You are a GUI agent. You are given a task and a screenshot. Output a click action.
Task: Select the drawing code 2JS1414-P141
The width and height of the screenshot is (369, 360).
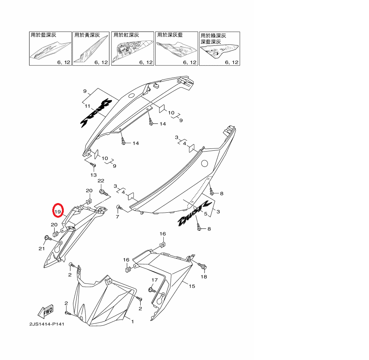click(47, 324)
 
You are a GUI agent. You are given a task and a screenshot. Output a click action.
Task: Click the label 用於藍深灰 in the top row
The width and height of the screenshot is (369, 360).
click(43, 35)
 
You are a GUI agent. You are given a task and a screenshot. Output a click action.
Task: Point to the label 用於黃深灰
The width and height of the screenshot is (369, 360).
click(87, 35)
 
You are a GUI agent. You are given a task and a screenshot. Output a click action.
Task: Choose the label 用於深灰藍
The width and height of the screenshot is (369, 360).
click(170, 35)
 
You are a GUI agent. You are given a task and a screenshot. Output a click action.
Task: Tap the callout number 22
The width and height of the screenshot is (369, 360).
click(101, 181)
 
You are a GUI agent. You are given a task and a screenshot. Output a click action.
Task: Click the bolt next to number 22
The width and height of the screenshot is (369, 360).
click(103, 191)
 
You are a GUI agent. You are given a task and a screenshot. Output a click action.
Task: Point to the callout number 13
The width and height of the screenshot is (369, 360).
click(93, 175)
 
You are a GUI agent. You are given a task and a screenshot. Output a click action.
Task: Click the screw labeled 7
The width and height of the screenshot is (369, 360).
click(119, 207)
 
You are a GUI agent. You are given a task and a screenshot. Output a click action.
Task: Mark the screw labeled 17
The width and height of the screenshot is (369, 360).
click(151, 289)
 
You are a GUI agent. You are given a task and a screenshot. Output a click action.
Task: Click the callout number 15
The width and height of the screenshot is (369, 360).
click(191, 286)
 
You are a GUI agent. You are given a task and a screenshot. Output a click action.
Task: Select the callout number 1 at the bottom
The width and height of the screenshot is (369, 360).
click(132, 321)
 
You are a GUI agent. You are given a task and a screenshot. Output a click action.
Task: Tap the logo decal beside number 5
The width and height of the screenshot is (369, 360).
click(193, 214)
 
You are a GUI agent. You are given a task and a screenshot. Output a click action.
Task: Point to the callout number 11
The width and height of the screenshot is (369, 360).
click(87, 106)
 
